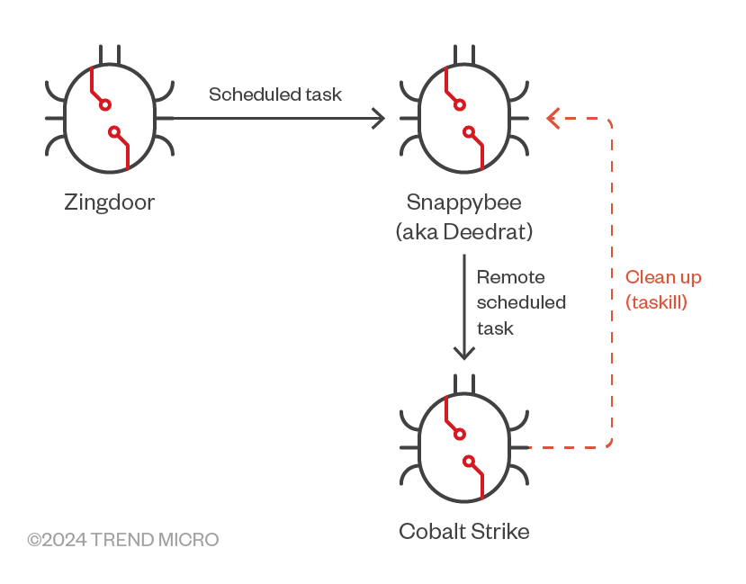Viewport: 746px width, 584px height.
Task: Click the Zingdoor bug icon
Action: coord(110,117)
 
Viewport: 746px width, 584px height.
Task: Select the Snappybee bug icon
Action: coord(463,117)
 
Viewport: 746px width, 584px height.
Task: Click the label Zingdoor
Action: coord(110,202)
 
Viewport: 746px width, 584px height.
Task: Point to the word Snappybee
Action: coord(463,201)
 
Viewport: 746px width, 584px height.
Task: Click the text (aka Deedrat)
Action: coord(463,231)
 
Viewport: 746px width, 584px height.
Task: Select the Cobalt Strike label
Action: coord(463,531)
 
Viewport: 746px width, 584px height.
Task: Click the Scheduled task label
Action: coord(275,94)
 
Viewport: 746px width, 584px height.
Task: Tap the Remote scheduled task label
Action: coord(520,302)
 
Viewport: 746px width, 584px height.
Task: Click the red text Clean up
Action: coord(663,277)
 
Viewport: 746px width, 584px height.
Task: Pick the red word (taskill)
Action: coord(656,302)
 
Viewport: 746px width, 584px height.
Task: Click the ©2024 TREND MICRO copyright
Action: coord(122,540)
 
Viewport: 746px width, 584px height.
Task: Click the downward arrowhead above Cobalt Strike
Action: coord(463,353)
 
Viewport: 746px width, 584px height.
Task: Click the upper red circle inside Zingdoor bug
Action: coord(105,104)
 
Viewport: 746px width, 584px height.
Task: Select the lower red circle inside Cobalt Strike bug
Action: coord(469,463)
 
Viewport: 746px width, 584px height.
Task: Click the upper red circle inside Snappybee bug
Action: coord(460,104)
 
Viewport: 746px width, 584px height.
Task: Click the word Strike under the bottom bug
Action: coord(498,531)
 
